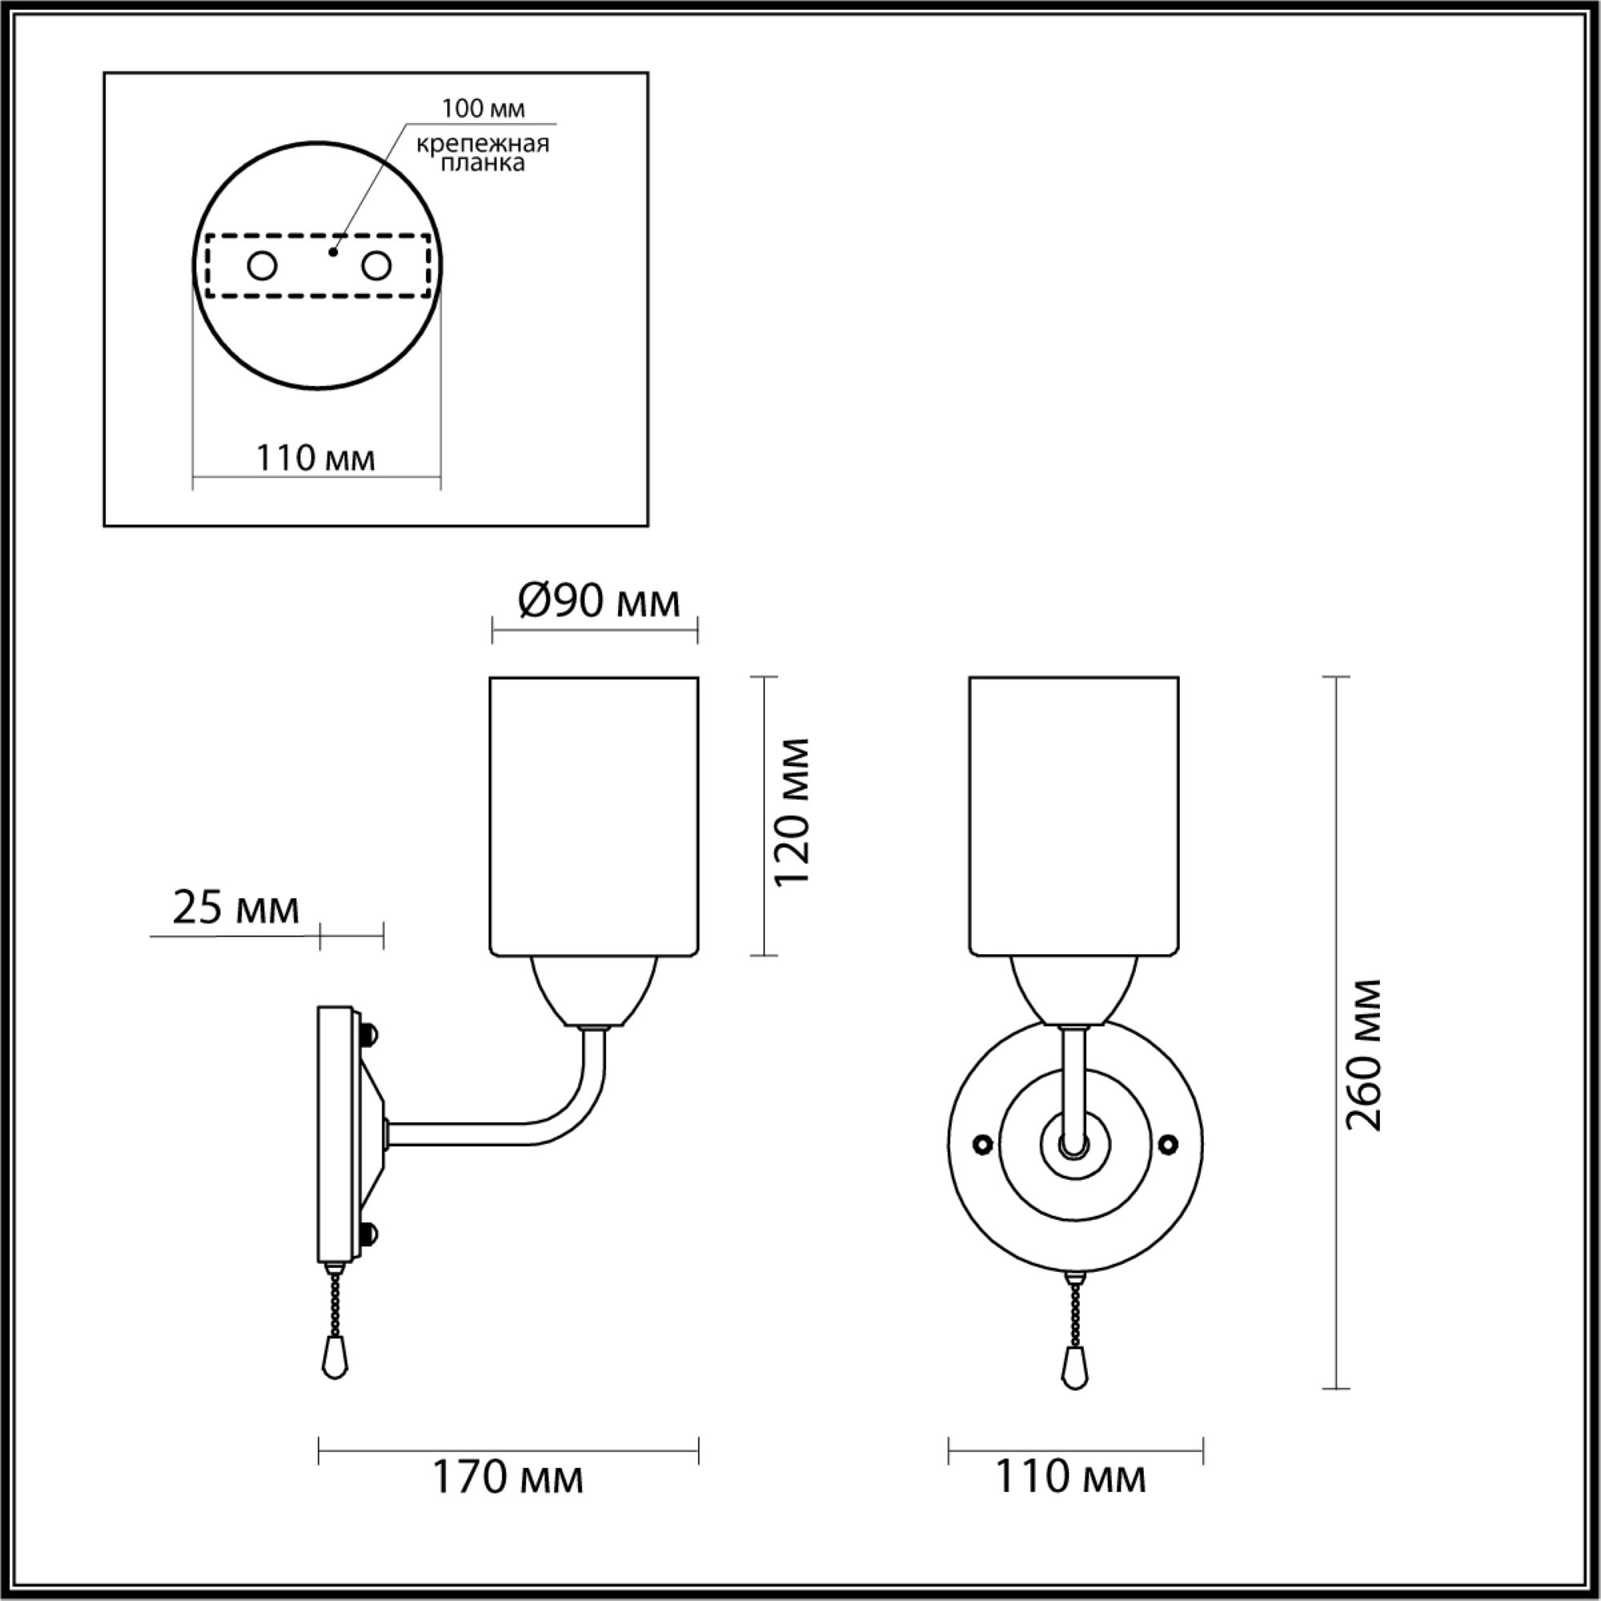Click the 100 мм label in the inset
coord(484,109)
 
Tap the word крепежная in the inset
coord(484,144)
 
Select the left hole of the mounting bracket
coord(263,267)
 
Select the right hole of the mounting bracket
coord(376,267)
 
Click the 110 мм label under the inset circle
coord(315,457)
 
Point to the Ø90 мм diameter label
coord(599,602)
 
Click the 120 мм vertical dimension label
coord(792,812)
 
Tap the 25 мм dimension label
coord(235,909)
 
